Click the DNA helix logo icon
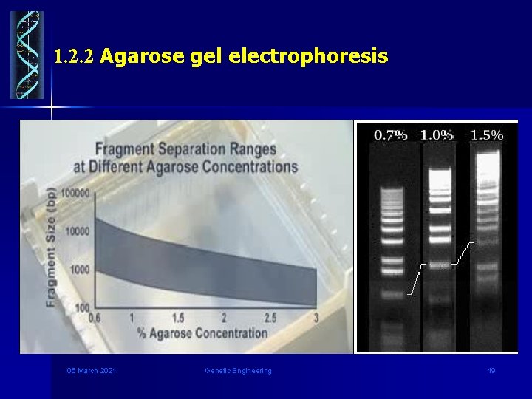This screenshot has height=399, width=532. pos(27,55)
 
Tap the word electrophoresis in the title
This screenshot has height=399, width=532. pos(308,55)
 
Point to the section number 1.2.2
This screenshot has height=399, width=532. pos(74,56)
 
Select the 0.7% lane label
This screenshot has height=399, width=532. pos(390,134)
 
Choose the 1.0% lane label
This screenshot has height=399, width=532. pos(437,134)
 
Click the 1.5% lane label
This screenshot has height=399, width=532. pos(486,134)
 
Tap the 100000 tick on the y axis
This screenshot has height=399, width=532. pos(75,193)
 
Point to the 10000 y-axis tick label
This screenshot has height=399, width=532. pos(77,231)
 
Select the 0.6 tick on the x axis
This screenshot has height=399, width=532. pos(95,318)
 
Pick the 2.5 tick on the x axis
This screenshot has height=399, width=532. pos(270,318)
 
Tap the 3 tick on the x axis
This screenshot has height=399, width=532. pos(316,318)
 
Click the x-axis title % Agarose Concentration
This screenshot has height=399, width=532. pos(202,333)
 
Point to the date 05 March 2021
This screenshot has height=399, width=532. pos(91,370)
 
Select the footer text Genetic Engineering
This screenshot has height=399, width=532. pos(238,370)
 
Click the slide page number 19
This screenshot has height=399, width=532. pos(491,370)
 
